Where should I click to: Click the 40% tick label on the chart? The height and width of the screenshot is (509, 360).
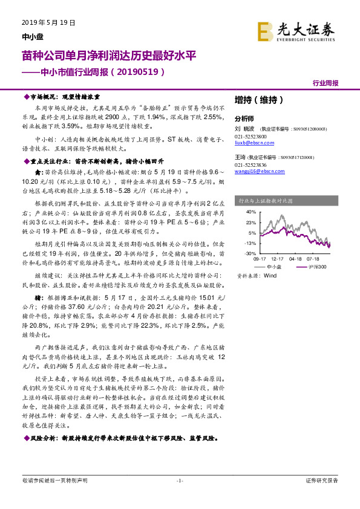(x=250, y=212)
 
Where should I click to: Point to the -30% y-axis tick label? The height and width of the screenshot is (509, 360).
(x=249, y=254)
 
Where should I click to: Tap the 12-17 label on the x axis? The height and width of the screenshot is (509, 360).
(x=278, y=259)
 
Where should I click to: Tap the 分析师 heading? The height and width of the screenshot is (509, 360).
(x=244, y=119)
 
